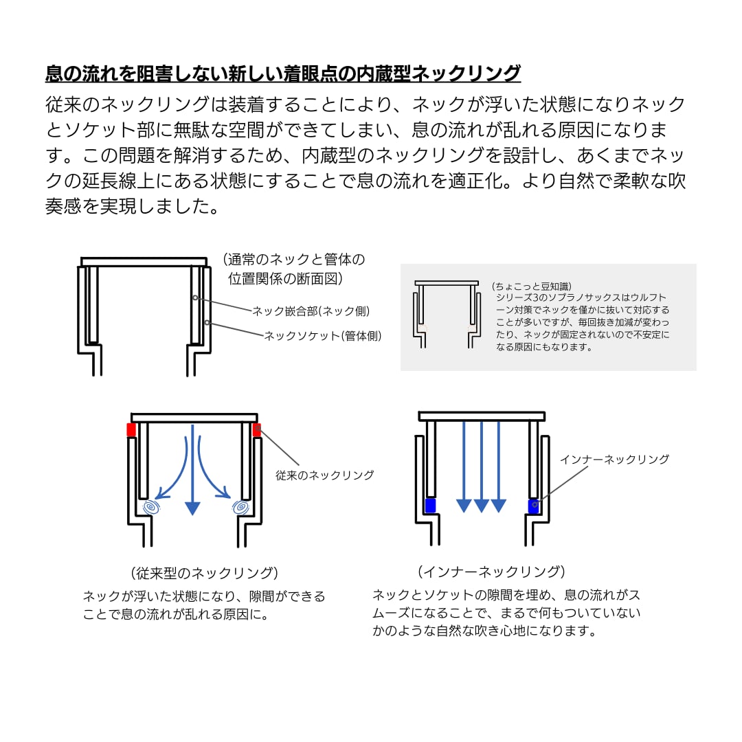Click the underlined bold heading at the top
coord(282,74)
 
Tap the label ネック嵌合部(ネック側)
coord(311,311)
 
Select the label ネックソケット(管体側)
coord(323,336)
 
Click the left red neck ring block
coord(131,430)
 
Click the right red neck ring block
coord(257,430)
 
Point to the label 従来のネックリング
coord(325,475)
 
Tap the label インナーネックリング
coord(614,460)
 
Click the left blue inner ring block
coord(431,506)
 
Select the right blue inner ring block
coord(533,506)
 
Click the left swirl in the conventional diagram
coord(152,508)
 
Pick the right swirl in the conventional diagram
coord(240,508)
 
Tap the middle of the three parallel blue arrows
coord(482,467)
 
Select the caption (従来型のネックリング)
coord(204,573)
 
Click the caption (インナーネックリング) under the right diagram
coord(491,572)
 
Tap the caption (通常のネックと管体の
coord(293,260)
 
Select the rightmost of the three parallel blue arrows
coord(499,467)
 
